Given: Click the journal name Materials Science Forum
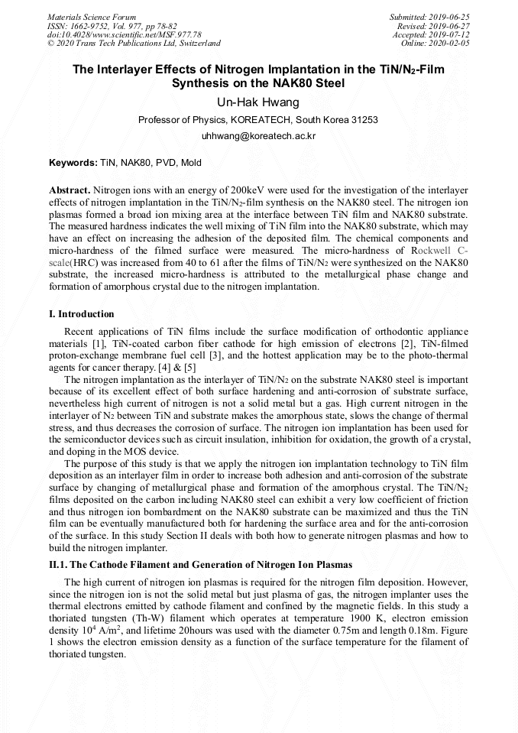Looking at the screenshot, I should (x=92, y=17).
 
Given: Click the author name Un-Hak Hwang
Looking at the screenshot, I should (x=258, y=103).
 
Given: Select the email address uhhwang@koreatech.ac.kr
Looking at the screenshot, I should (x=258, y=135).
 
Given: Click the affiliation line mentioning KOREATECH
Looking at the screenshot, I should (x=258, y=120).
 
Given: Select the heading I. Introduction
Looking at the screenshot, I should (x=82, y=313).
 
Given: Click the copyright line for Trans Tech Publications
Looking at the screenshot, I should (x=134, y=44).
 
